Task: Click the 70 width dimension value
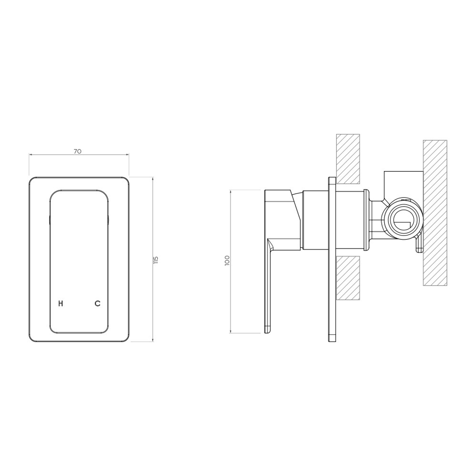(x=78, y=151)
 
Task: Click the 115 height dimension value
(x=156, y=260)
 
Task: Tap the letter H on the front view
(x=61, y=303)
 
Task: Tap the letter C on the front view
(x=97, y=303)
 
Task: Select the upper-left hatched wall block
(x=348, y=159)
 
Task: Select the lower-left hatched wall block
(x=348, y=278)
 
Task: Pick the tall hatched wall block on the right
(x=435, y=213)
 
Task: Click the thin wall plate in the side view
(x=332, y=260)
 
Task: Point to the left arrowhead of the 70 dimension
(x=30, y=155)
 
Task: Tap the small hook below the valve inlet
(x=418, y=245)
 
